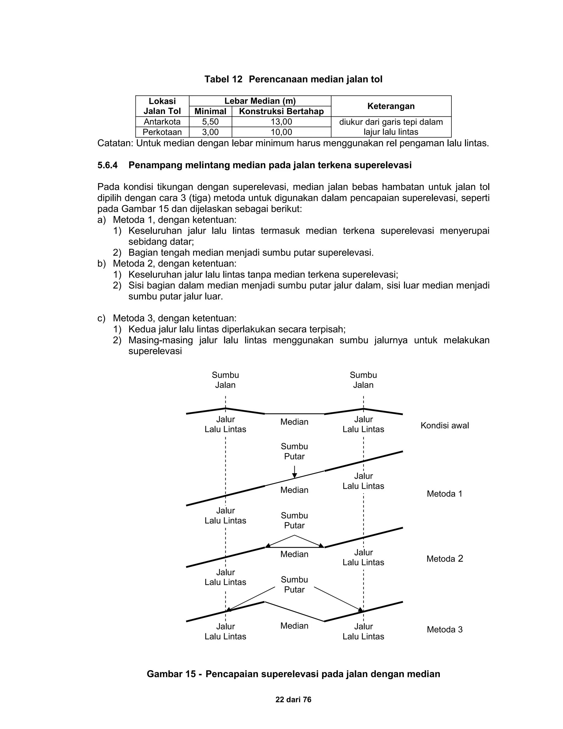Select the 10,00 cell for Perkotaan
tap(281, 132)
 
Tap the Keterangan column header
tap(391, 106)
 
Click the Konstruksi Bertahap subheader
tap(281, 111)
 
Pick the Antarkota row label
tap(162, 122)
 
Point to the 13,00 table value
tap(281, 122)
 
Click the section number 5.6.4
tap(107, 165)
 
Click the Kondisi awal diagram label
tap(445, 426)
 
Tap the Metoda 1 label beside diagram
tap(445, 494)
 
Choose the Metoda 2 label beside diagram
tap(445, 559)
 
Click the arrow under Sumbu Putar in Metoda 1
tap(294, 472)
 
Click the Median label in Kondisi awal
tap(294, 422)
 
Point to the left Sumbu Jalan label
tap(225, 380)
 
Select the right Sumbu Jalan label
tap(363, 380)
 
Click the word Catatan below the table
tap(114, 144)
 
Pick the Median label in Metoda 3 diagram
tap(294, 626)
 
